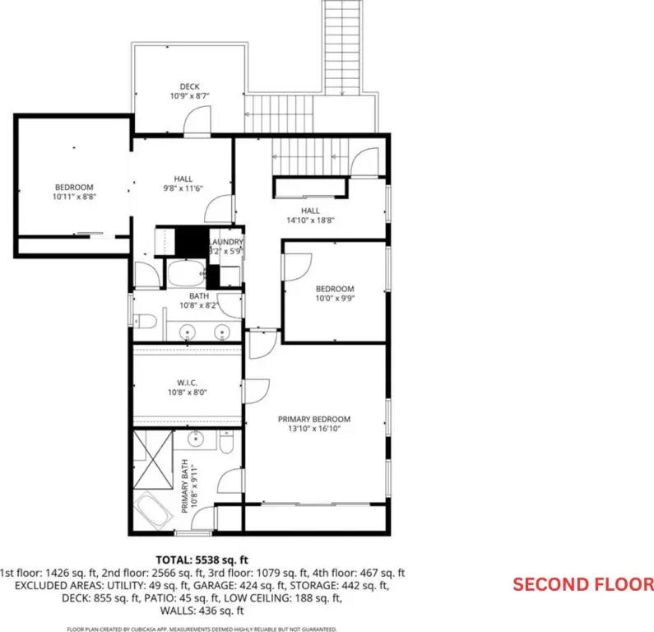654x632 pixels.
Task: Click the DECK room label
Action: pyautogui.click(x=189, y=86)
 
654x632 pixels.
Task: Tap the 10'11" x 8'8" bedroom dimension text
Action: pyautogui.click(x=74, y=197)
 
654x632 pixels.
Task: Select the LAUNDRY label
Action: pyautogui.click(x=226, y=242)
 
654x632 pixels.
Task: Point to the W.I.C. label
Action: pyautogui.click(x=188, y=383)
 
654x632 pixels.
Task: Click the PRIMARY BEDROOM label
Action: pyautogui.click(x=314, y=419)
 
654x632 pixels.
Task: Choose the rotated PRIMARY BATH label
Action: pyautogui.click(x=185, y=486)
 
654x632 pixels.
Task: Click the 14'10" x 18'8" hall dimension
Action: pyautogui.click(x=310, y=221)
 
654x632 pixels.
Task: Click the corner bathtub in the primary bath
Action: pyautogui.click(x=154, y=510)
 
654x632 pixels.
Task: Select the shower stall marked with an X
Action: pyautogui.click(x=153, y=459)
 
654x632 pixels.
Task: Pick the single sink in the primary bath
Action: pyautogui.click(x=195, y=439)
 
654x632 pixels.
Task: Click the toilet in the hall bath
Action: pyautogui.click(x=145, y=321)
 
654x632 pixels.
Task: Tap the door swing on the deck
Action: pyautogui.click(x=197, y=119)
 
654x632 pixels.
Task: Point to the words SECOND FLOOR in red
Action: pyautogui.click(x=583, y=584)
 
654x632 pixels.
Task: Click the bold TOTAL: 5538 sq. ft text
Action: pyautogui.click(x=202, y=560)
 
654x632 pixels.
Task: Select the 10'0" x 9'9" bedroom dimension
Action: pyautogui.click(x=335, y=298)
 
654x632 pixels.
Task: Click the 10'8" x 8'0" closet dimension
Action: pyautogui.click(x=188, y=393)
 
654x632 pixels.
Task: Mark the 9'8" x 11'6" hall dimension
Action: pyautogui.click(x=183, y=188)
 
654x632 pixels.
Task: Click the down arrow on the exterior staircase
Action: pyautogui.click(x=342, y=92)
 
